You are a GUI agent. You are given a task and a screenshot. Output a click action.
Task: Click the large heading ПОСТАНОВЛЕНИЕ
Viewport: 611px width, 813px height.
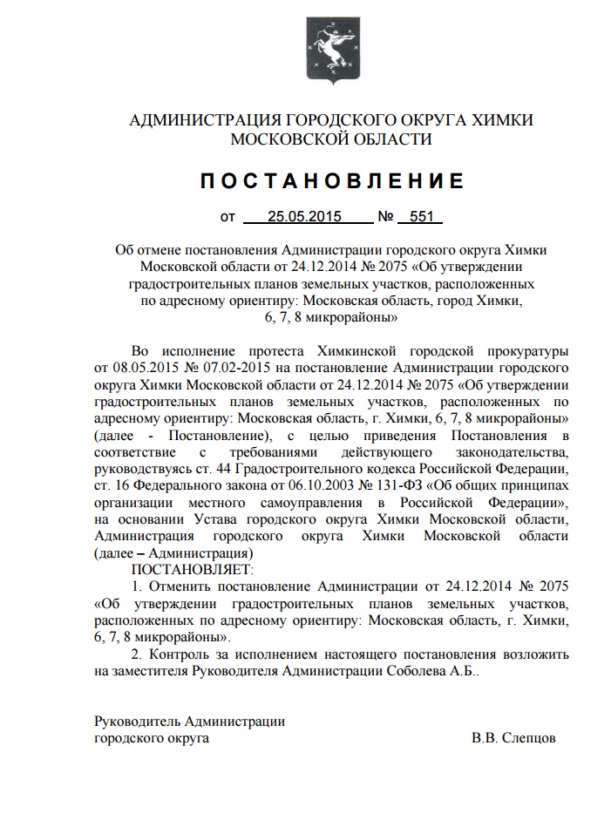click(x=331, y=181)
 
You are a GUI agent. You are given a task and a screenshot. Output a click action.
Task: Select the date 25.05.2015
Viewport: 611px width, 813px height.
click(x=303, y=216)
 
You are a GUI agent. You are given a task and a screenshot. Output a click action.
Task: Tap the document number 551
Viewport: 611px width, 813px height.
click(x=420, y=216)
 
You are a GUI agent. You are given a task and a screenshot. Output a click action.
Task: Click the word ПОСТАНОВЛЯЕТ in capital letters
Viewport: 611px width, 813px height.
click(x=190, y=569)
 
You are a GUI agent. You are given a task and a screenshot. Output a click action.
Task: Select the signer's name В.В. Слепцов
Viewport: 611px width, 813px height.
click(x=513, y=737)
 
